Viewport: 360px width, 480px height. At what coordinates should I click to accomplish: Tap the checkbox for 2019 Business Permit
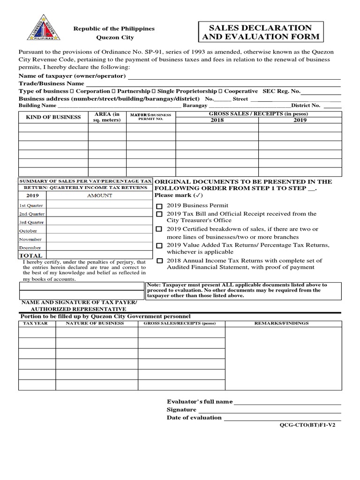click(159, 206)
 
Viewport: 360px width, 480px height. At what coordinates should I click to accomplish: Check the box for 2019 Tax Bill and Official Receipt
click(159, 214)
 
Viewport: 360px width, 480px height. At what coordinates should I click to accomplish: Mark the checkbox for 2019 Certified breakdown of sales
click(159, 229)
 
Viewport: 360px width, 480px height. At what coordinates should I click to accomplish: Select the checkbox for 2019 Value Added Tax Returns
click(159, 245)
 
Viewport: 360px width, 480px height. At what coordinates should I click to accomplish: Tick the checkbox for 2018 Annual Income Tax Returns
click(159, 261)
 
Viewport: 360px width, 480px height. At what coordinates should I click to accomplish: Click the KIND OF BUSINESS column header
click(53, 117)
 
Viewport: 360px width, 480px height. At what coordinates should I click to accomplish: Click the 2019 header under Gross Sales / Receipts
click(300, 120)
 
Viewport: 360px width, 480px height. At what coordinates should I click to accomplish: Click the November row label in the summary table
click(30, 240)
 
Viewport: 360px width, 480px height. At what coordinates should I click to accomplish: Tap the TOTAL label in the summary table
click(30, 255)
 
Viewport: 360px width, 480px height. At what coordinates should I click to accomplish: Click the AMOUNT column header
click(99, 195)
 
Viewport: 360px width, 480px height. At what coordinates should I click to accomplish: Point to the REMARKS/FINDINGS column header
click(281, 323)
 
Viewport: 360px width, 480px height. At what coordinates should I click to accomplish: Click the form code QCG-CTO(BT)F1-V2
click(307, 427)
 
